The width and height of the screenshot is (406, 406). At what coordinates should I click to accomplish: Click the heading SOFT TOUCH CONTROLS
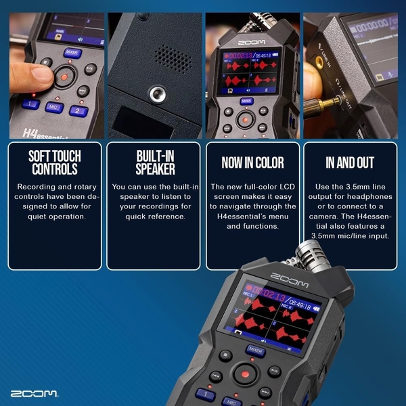point(55,162)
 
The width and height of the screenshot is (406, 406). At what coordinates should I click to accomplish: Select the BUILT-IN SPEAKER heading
point(154,162)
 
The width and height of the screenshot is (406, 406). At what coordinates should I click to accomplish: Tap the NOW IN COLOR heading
point(252,163)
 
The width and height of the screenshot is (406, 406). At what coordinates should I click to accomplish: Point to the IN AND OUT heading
point(350,163)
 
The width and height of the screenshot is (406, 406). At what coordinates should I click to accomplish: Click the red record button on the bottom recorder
point(245,374)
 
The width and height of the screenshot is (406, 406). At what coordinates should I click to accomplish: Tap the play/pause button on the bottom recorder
point(274,371)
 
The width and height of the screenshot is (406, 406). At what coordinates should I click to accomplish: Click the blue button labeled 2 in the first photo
point(78,110)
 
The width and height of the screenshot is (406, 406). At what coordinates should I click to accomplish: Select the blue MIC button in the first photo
point(53,107)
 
